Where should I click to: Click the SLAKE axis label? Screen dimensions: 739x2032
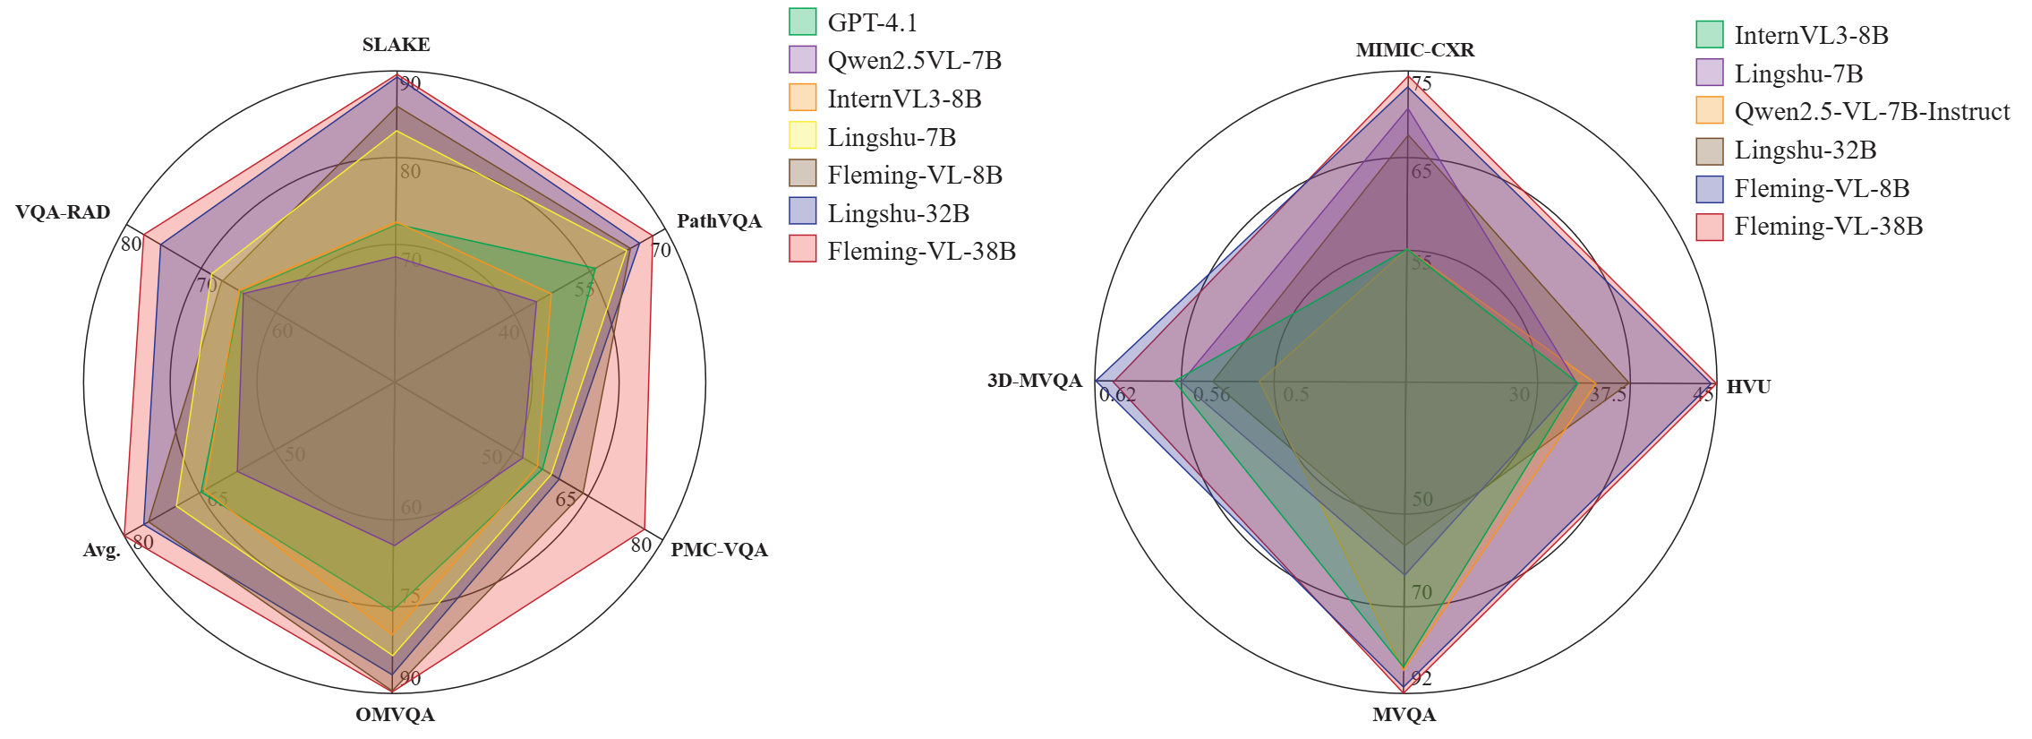click(x=396, y=45)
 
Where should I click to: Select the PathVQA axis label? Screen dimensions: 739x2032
click(x=719, y=221)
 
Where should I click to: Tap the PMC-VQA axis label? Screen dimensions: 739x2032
click(x=719, y=550)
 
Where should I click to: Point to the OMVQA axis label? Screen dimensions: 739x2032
click(x=395, y=715)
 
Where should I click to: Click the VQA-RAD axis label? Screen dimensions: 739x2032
click(x=63, y=212)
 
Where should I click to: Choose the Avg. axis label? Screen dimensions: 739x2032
click(x=101, y=551)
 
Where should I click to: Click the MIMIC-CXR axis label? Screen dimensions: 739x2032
click(x=1414, y=50)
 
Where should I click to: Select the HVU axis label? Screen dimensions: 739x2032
click(x=1748, y=387)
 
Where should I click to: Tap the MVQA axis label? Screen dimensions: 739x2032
click(x=1404, y=715)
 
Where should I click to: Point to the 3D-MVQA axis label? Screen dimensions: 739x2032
click(x=1034, y=381)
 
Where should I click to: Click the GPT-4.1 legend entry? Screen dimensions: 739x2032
click(x=872, y=22)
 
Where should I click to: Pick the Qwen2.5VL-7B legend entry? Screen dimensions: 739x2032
click(x=914, y=61)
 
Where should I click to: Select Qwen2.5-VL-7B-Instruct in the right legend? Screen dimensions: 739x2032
click(x=1872, y=112)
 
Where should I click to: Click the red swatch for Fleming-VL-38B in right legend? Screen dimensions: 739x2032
click(x=1709, y=227)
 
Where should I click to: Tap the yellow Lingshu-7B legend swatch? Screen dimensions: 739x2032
click(x=802, y=137)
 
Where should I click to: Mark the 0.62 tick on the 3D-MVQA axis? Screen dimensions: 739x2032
click(x=1117, y=395)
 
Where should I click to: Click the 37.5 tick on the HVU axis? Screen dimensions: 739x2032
click(x=1608, y=395)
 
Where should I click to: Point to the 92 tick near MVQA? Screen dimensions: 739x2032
click(x=1421, y=679)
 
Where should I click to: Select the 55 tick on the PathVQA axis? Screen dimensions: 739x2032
click(x=585, y=290)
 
